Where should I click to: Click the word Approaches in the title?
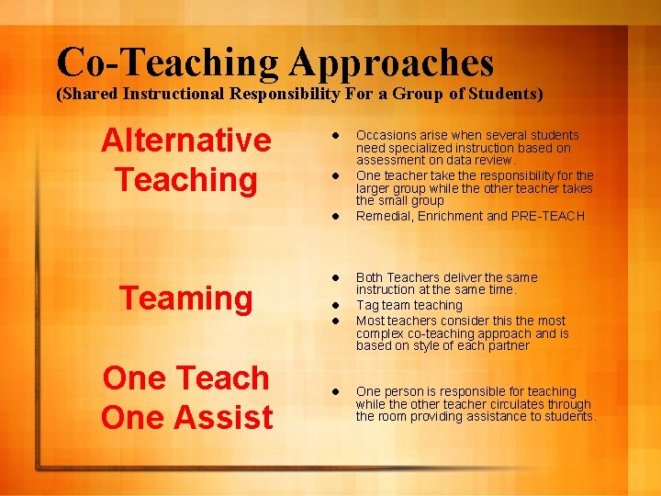coord(392,62)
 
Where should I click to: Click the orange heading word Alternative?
coord(186,141)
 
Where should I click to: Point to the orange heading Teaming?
coord(186,298)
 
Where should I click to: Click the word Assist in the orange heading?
coord(226,417)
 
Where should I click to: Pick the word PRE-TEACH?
coord(548,217)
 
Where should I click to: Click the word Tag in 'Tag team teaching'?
coord(366,305)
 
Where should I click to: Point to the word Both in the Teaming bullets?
coord(369,277)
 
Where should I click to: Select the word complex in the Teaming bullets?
coord(380,333)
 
